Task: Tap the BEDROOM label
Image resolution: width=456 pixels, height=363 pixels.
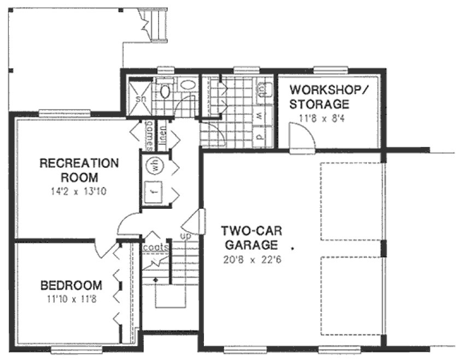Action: [72, 285]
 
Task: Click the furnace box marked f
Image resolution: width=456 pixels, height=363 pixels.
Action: [154, 192]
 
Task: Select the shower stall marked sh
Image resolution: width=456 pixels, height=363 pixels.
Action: [141, 99]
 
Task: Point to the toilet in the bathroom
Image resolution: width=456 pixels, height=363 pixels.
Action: [166, 91]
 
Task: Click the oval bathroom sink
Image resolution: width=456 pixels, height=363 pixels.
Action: [188, 85]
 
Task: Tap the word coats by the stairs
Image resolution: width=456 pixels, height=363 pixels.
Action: [155, 247]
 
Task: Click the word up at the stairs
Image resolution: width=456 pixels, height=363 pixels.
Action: [186, 236]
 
